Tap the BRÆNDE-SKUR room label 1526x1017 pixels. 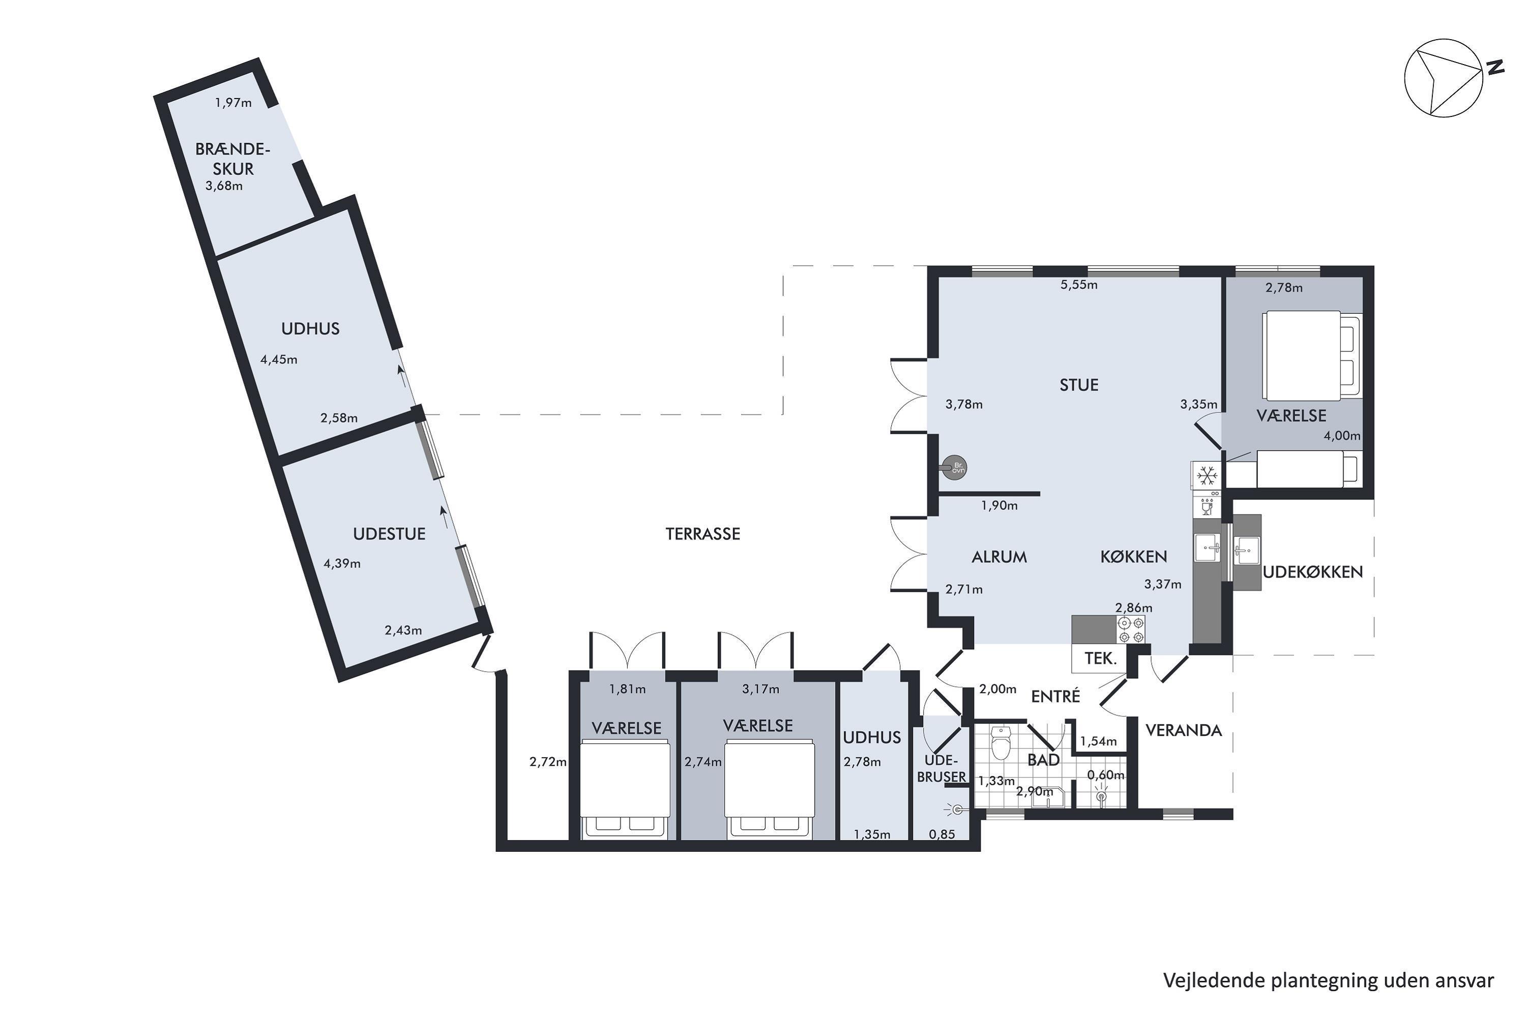tap(233, 159)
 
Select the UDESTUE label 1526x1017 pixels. tap(389, 534)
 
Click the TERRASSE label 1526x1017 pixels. tap(702, 534)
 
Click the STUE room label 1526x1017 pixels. tap(1079, 385)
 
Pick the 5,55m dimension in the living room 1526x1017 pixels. tap(1079, 285)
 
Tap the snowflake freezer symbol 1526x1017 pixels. tap(1207, 476)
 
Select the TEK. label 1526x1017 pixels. tap(1101, 659)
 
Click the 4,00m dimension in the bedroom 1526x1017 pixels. tap(1342, 436)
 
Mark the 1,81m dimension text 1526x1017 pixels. tap(627, 690)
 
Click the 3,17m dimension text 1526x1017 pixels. tap(760, 690)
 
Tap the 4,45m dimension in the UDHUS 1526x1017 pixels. tap(279, 360)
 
